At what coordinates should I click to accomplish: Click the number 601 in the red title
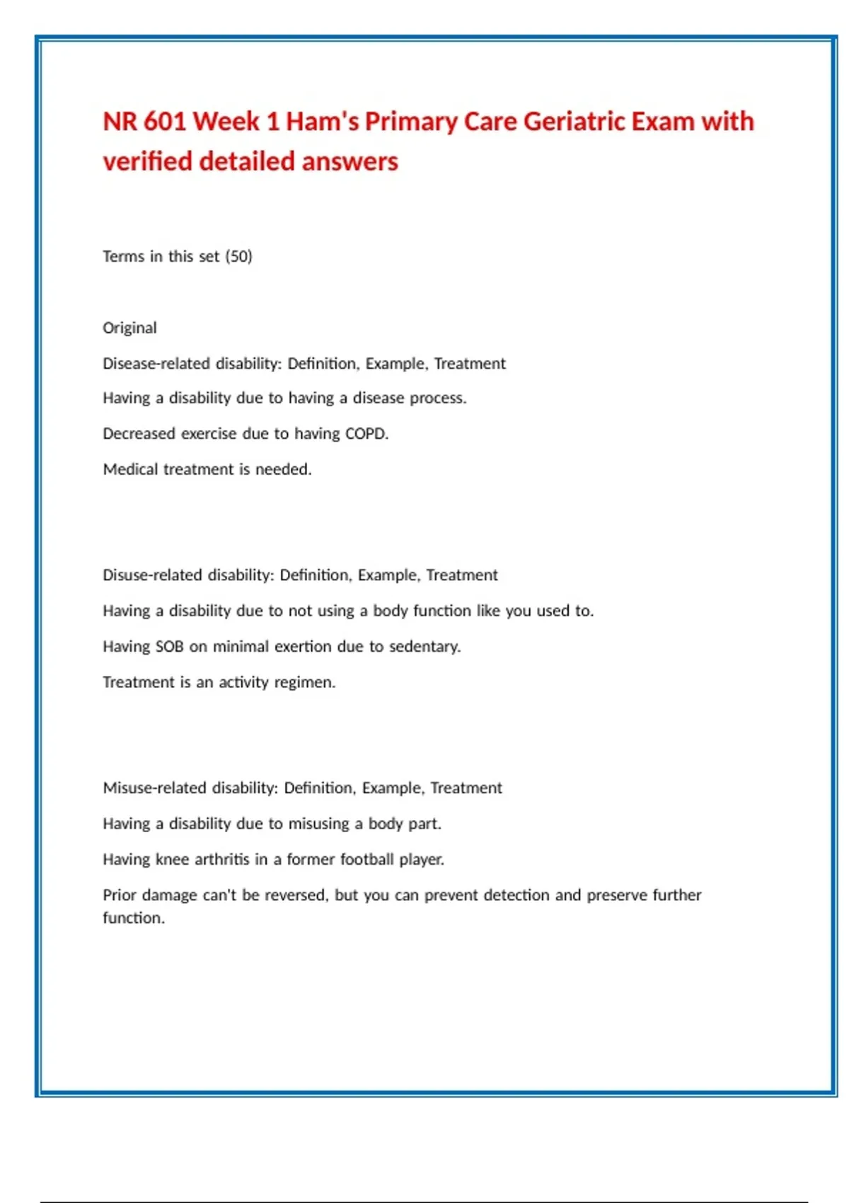(164, 122)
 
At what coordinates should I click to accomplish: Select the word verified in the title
(147, 161)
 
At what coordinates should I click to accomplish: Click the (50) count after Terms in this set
(239, 256)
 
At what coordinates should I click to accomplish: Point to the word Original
(129, 328)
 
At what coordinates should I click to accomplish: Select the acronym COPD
(366, 434)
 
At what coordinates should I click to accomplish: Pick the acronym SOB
(169, 647)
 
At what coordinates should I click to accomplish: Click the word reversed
(296, 895)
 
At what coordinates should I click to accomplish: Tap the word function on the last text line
(133, 918)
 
